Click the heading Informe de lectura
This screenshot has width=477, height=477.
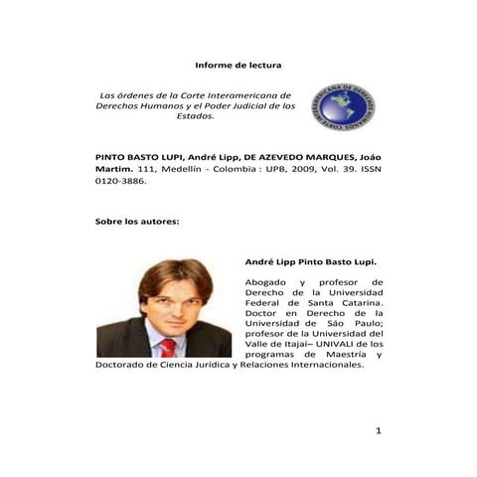click(x=238, y=65)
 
